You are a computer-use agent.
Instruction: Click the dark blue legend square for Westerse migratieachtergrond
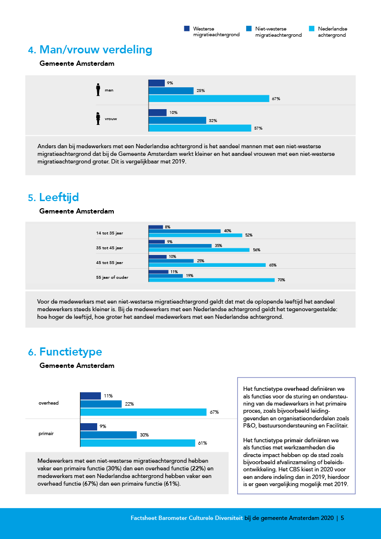(187, 29)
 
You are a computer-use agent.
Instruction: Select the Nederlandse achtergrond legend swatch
(312, 29)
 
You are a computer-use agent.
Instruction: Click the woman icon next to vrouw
(98, 119)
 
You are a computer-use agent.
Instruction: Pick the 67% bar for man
(209, 99)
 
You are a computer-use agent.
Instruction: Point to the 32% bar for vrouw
(177, 120)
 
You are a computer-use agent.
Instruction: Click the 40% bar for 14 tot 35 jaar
(185, 231)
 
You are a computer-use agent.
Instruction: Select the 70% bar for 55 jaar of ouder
(211, 280)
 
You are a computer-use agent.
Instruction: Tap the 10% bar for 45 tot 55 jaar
(158, 256)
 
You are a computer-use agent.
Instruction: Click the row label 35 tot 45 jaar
(110, 248)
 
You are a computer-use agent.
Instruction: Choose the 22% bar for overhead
(101, 404)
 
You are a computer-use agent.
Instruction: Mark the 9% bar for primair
(89, 427)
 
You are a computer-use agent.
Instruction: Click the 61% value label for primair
(202, 443)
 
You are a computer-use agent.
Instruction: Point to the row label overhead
(49, 403)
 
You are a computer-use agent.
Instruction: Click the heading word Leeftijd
(59, 198)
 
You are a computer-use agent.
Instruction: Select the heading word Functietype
(71, 352)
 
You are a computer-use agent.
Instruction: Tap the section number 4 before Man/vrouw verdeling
(31, 50)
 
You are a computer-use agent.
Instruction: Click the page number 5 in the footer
(342, 518)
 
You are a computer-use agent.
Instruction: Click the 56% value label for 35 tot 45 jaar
(257, 250)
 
